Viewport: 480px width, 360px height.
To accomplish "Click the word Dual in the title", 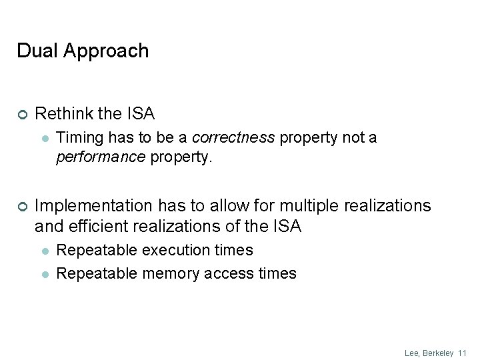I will pyautogui.click(x=35, y=51).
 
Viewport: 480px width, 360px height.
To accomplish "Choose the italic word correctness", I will pyautogui.click(x=233, y=138).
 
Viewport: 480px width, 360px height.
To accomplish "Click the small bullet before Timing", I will pyautogui.click(x=44, y=139).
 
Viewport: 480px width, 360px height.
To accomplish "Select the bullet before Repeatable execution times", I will pyautogui.click(x=44, y=251).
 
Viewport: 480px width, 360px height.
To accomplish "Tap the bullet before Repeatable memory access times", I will pyautogui.click(x=44, y=273).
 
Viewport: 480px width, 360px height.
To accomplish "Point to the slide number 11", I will pyautogui.click(x=463, y=353).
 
